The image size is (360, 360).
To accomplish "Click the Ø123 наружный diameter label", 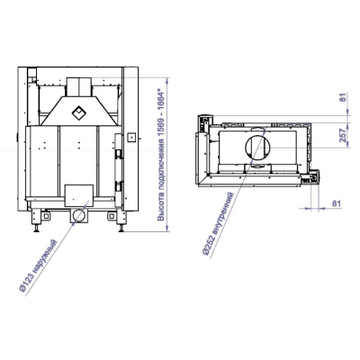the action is (x=38, y=266).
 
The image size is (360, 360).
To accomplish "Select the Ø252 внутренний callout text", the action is (x=218, y=224).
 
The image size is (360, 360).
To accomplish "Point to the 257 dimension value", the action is (x=344, y=135).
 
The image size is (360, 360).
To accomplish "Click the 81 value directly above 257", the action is (x=344, y=97).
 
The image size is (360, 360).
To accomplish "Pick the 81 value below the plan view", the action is (x=337, y=203).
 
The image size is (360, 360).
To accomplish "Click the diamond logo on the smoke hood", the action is (x=79, y=112).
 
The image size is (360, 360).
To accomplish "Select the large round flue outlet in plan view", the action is (x=258, y=148).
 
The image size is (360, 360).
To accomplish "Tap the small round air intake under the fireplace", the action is (x=79, y=215).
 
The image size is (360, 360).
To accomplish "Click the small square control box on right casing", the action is (x=130, y=138).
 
